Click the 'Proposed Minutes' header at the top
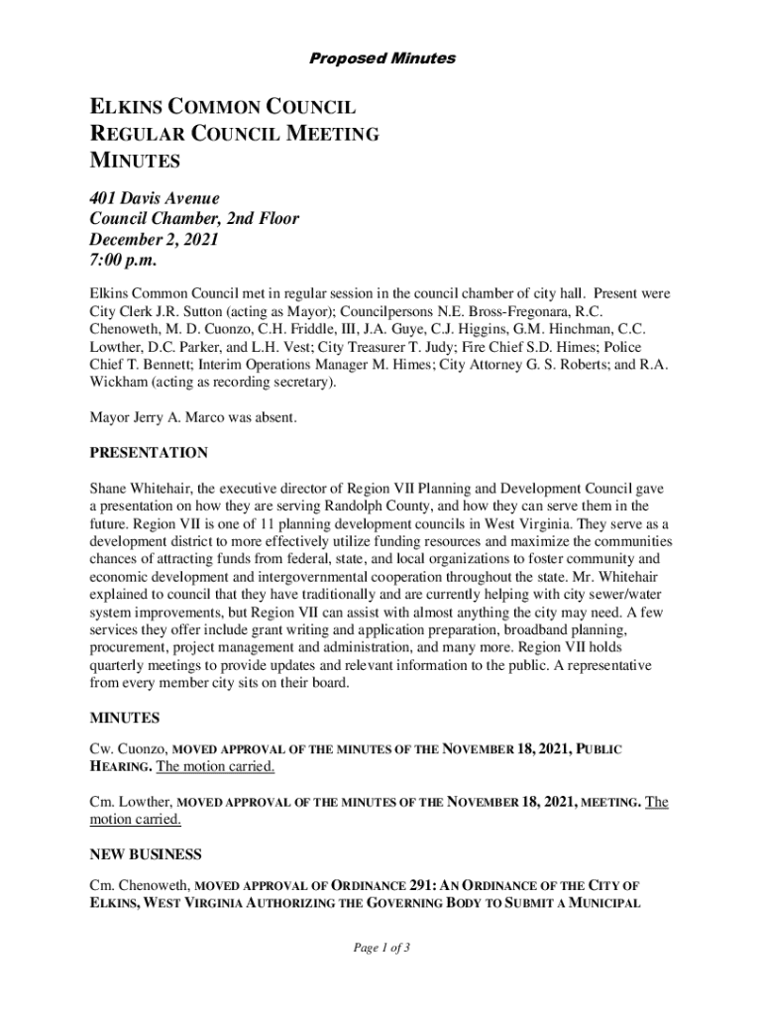(x=381, y=58)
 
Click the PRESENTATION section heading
(x=149, y=453)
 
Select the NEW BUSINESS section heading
(x=146, y=854)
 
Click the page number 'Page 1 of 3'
(x=381, y=949)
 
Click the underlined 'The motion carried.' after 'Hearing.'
(x=216, y=767)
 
